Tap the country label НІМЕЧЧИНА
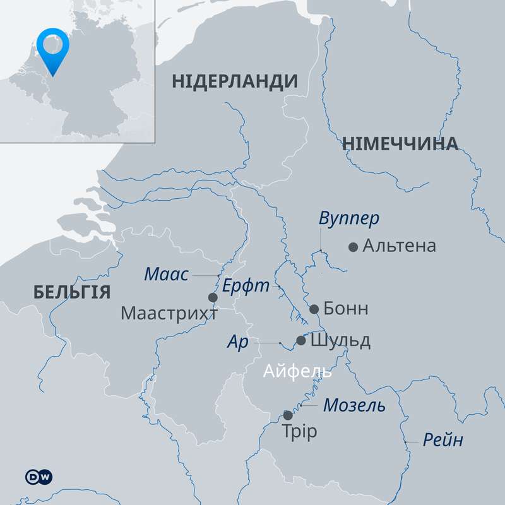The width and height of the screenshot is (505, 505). click(x=400, y=144)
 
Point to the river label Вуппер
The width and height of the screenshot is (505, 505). click(x=349, y=218)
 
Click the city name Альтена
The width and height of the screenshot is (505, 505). click(x=399, y=246)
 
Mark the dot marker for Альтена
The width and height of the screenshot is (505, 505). click(x=353, y=247)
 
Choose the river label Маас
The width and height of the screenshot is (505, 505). click(x=167, y=274)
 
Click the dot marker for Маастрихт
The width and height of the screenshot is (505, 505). click(x=213, y=297)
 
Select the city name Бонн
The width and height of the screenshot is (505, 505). click(x=345, y=309)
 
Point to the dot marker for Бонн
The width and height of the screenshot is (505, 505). click(x=314, y=309)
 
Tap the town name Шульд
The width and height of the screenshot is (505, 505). click(x=340, y=341)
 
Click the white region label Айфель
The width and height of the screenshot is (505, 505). click(x=297, y=371)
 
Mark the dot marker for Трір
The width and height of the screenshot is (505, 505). click(x=288, y=415)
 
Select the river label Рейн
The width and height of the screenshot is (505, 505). click(x=443, y=440)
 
